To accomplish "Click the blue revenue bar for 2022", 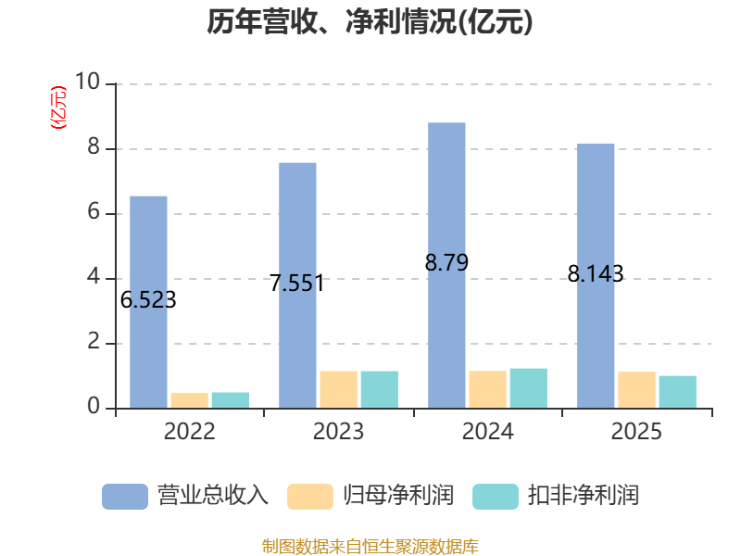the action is tap(148, 302).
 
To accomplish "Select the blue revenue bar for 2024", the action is tap(446, 265).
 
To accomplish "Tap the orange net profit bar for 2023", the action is tap(338, 389).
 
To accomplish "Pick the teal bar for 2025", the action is tap(678, 392).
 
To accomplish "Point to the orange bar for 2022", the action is tap(190, 400).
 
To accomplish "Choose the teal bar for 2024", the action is tap(529, 388).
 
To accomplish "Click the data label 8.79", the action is tap(446, 262).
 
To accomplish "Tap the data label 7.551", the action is tap(296, 284).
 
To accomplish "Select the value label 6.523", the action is tap(148, 299).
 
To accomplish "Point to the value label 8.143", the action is tap(596, 273).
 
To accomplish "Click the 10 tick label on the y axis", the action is tap(87, 82).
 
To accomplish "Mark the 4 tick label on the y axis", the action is tap(94, 276).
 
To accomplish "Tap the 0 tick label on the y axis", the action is tap(94, 406).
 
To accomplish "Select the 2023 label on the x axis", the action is tap(338, 431).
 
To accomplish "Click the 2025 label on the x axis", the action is tap(636, 431).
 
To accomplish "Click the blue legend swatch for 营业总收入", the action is tap(125, 497).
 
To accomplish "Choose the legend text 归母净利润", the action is tap(398, 496).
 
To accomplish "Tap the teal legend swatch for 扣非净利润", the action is tap(496, 497).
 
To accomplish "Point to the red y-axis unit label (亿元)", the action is tap(58, 107).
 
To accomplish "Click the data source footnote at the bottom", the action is tap(370, 547).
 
